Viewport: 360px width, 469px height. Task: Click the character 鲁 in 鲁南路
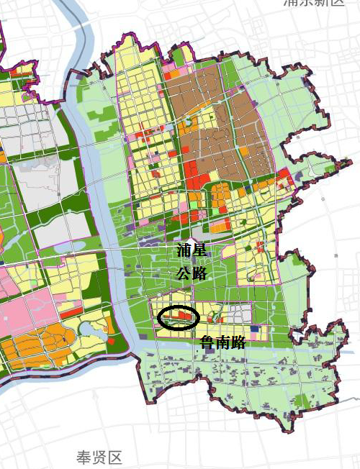[207, 344]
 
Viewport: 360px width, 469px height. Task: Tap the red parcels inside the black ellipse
[184, 315]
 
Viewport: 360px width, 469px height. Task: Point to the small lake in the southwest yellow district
[90, 329]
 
